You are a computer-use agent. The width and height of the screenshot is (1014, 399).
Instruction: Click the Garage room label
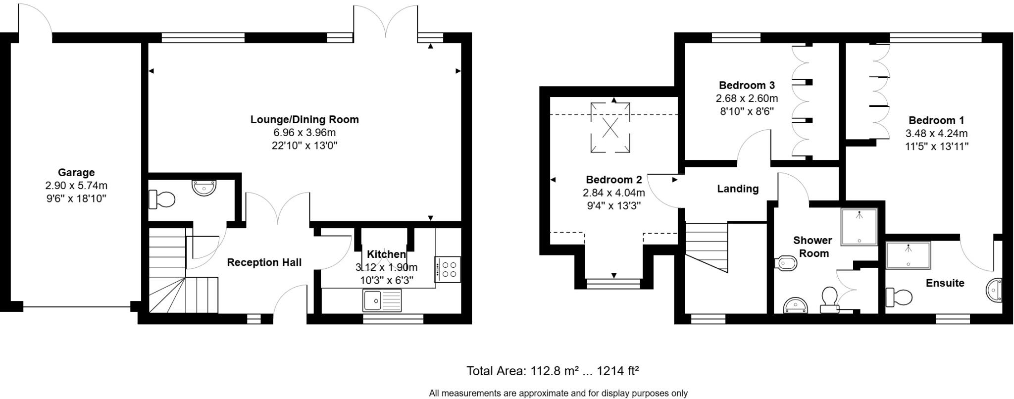(x=76, y=173)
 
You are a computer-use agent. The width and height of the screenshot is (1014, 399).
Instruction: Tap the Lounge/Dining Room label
(x=304, y=119)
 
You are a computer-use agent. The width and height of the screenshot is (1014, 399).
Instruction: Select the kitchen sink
(x=382, y=300)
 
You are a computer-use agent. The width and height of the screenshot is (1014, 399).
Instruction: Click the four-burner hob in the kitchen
(x=448, y=269)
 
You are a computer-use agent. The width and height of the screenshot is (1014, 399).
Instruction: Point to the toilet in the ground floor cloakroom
(x=162, y=200)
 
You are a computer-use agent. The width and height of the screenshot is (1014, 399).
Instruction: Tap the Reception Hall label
(x=264, y=262)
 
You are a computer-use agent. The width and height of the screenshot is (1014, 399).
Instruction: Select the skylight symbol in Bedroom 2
(x=610, y=127)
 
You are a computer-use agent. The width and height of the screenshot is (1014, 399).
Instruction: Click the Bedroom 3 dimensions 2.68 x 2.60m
(x=747, y=98)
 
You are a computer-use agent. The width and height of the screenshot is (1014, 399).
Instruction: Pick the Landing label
(x=738, y=189)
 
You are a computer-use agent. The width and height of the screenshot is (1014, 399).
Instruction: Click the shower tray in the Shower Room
(x=859, y=227)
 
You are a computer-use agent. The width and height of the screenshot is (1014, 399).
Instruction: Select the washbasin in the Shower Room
(x=796, y=305)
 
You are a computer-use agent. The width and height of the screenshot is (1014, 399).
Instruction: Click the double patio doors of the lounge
(x=386, y=22)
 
